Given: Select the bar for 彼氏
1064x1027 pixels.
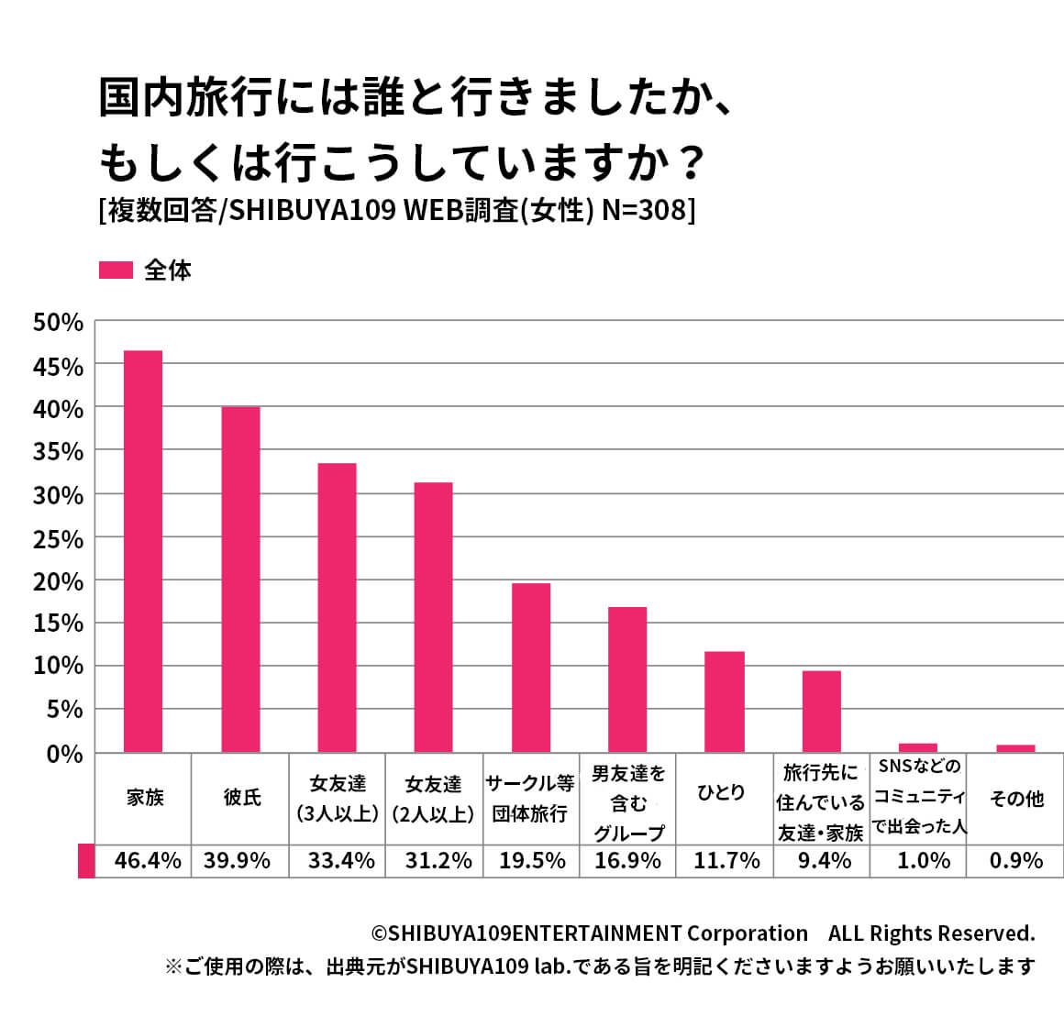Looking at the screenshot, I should tap(240, 580).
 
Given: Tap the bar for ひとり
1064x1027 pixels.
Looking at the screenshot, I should tap(724, 701).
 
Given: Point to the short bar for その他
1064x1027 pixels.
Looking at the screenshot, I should tap(1015, 748).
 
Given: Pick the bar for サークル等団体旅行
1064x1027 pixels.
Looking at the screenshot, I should tap(530, 668).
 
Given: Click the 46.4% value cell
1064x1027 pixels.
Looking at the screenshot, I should tap(148, 861).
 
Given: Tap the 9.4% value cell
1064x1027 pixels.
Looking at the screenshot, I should tap(824, 861).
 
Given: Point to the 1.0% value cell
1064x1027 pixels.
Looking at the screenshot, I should tap(922, 861).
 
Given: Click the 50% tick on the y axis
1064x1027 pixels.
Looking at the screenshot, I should tap(58, 323).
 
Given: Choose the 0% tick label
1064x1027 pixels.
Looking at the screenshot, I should tap(64, 755).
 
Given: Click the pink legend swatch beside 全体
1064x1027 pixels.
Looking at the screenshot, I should tap(116, 271).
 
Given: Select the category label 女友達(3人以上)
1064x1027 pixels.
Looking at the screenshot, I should tap(338, 798).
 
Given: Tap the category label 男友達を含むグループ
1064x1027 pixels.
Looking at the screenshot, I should tap(628, 803).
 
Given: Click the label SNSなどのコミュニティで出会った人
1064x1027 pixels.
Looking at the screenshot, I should tap(918, 796).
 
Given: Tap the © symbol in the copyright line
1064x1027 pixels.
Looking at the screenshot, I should tap(378, 933).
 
